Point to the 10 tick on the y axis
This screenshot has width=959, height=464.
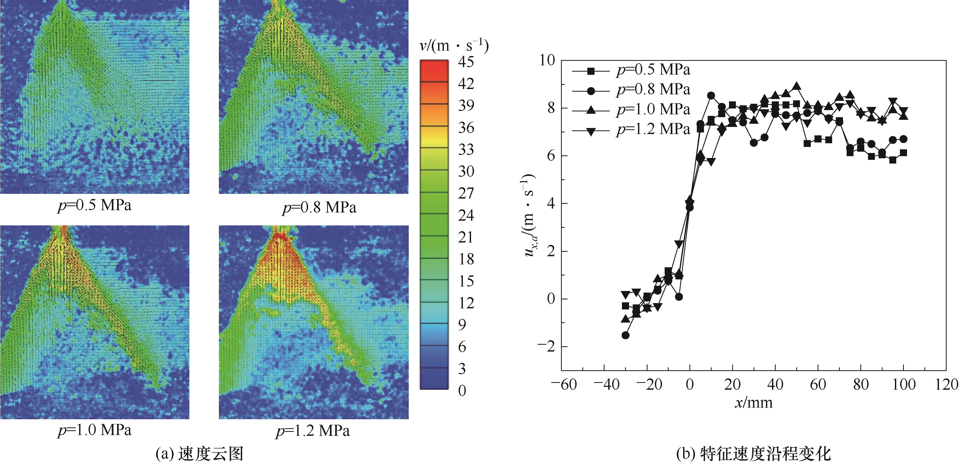tap(547, 60)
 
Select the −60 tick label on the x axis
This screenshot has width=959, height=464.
tap(564, 384)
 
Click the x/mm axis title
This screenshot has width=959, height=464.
tap(754, 403)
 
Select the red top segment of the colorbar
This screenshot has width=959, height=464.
tap(434, 71)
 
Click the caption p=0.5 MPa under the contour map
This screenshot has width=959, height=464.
tap(95, 205)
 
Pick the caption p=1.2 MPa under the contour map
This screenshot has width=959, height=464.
tap(313, 431)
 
